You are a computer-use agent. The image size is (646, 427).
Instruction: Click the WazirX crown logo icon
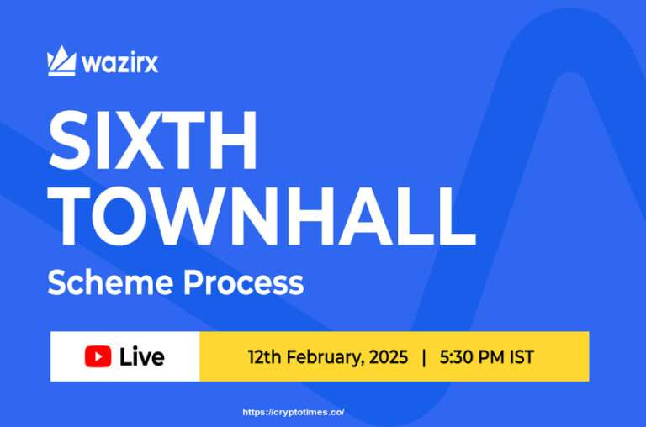[61, 61]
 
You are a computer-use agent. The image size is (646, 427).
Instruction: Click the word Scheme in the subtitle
[105, 283]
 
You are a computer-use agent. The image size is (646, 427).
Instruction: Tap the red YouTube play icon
[98, 356]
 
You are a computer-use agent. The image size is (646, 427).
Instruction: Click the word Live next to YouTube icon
[141, 356]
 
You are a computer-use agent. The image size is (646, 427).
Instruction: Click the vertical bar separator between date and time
[424, 356]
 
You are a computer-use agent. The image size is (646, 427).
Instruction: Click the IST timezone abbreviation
[522, 356]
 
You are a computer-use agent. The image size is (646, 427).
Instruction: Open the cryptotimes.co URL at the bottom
[294, 413]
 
